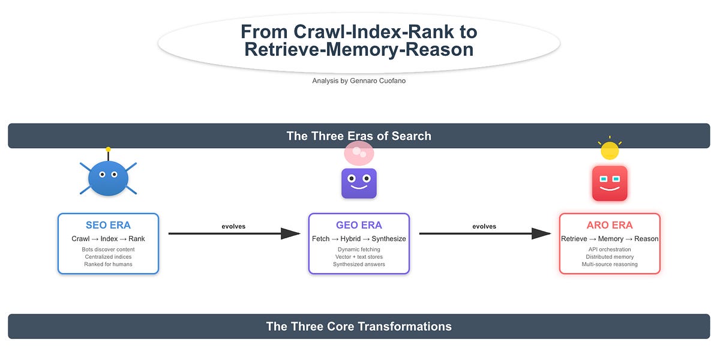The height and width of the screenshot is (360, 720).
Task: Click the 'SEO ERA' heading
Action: (108, 226)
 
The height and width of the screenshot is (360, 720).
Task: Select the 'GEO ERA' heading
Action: (359, 226)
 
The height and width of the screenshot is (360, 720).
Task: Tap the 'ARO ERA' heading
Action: (610, 226)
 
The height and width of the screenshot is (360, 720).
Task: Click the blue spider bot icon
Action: (108, 178)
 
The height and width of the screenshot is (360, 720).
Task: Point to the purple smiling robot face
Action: (359, 183)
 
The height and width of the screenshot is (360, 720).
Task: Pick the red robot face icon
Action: (610, 183)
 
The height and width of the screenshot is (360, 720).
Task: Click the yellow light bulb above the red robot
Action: (610, 151)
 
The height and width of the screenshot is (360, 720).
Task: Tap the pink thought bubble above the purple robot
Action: (359, 154)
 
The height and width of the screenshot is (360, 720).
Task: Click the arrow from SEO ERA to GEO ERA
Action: (233, 233)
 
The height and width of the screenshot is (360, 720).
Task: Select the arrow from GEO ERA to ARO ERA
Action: (484, 233)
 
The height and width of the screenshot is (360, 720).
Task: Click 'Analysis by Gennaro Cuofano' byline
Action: (359, 80)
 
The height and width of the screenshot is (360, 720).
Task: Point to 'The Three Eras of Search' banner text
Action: (359, 136)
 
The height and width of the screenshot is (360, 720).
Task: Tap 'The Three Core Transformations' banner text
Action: (359, 326)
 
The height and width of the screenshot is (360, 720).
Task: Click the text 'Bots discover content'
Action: (108, 250)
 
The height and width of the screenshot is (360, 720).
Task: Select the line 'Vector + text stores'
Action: (359, 257)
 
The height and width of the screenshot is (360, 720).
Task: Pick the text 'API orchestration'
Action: (610, 250)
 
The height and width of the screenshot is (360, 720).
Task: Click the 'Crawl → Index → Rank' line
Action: (108, 239)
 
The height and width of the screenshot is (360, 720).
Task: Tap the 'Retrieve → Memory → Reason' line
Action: (610, 239)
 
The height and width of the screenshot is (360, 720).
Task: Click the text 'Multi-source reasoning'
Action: (610, 264)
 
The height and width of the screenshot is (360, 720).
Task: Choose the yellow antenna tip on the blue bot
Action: (108, 149)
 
